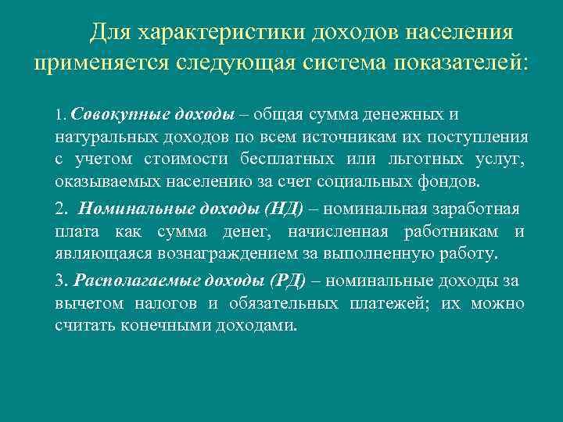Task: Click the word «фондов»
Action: [454, 181]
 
